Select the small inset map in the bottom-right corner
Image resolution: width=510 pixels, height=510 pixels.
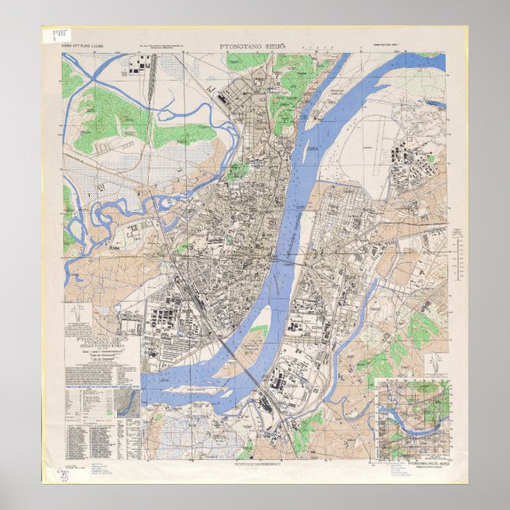413,418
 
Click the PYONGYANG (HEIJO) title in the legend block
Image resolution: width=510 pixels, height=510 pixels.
101,343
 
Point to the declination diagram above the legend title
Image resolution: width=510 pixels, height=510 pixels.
78,322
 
